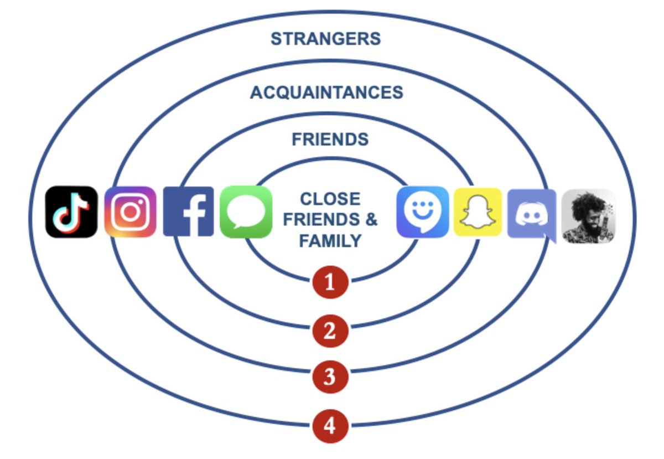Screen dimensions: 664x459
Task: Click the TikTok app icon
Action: [71, 212]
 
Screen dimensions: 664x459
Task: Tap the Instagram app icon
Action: [131, 212]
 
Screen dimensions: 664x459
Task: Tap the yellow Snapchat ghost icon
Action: [478, 212]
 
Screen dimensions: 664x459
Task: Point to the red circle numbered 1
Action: [330, 283]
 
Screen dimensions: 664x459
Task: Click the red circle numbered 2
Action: [330, 331]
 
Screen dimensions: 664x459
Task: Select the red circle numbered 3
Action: [330, 377]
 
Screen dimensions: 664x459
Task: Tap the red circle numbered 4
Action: [330, 426]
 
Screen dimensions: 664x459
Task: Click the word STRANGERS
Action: [325, 39]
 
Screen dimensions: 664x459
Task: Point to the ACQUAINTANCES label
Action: [326, 92]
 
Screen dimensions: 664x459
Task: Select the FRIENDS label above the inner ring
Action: [330, 140]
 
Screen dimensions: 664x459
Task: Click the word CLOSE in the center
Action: [330, 199]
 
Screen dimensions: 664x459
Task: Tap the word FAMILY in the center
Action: [330, 241]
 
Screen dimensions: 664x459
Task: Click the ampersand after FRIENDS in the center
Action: [371, 220]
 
